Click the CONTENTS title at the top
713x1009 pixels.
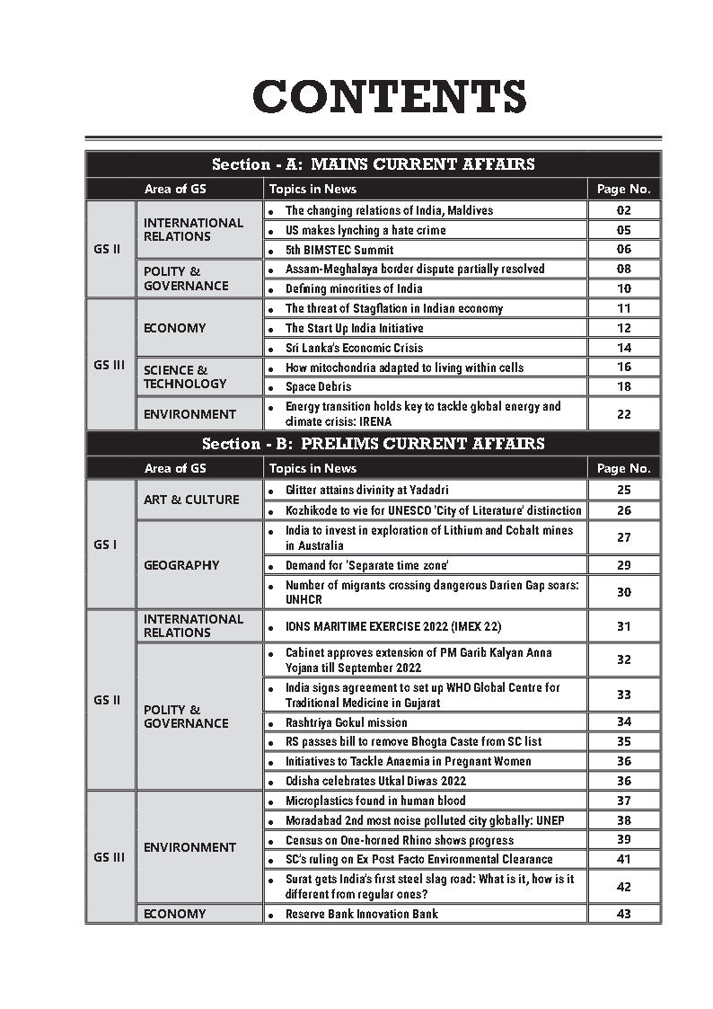(x=389, y=97)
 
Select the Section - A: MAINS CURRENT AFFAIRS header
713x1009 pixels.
(x=373, y=164)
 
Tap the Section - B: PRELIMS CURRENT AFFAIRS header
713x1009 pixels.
(x=373, y=444)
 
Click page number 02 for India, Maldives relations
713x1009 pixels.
(x=624, y=210)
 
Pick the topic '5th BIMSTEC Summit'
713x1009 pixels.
(x=339, y=250)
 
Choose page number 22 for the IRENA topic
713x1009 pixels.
(x=624, y=414)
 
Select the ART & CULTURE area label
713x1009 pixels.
(x=191, y=500)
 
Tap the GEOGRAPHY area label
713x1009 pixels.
(x=181, y=565)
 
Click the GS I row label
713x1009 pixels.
(x=105, y=544)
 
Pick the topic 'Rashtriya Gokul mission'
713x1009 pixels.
(x=346, y=722)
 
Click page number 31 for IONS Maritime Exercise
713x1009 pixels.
(x=624, y=626)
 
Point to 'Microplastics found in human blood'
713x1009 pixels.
(x=375, y=801)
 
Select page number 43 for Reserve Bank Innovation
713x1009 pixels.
(x=624, y=914)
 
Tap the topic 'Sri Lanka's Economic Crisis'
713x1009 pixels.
(x=354, y=348)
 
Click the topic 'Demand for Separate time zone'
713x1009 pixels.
(x=366, y=565)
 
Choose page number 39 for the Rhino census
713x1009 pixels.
(x=624, y=839)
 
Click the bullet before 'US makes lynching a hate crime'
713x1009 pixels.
(x=271, y=231)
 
